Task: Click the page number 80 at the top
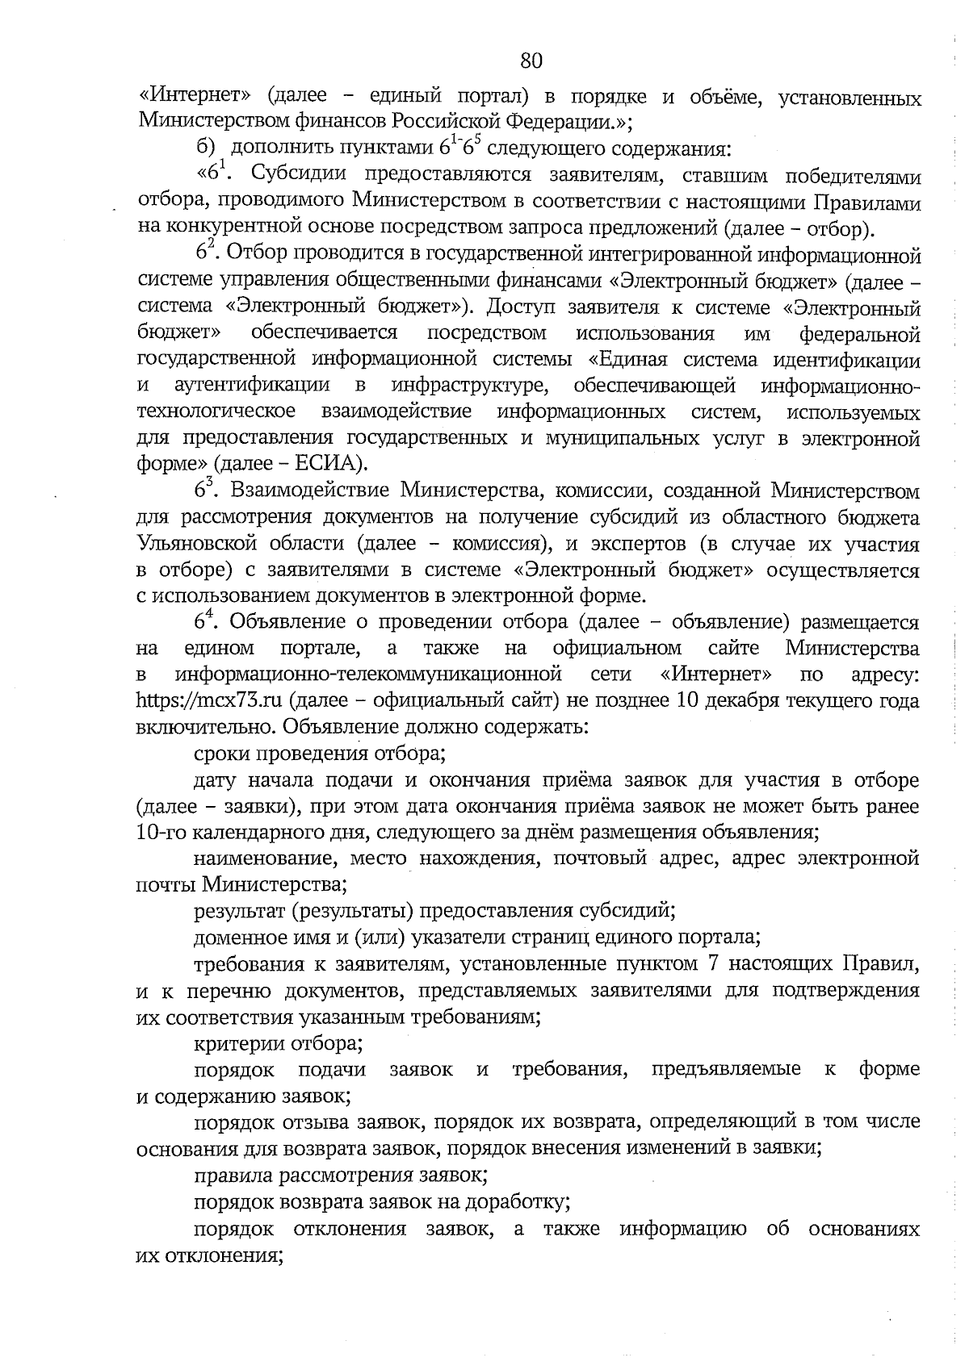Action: coord(531,61)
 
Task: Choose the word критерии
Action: coord(234,1043)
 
